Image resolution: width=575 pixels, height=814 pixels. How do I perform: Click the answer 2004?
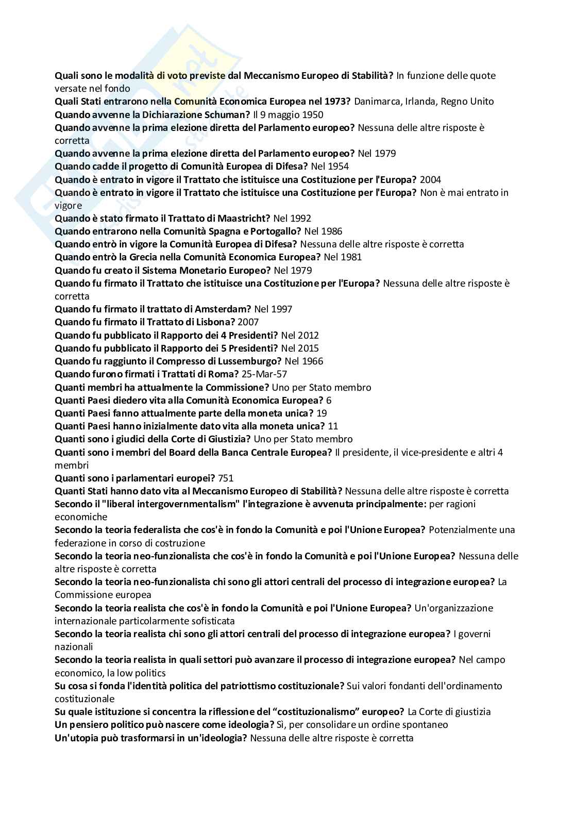click(431, 179)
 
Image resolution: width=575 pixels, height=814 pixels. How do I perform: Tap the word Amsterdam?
click(223, 309)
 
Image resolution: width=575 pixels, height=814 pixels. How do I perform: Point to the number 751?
click(226, 478)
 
